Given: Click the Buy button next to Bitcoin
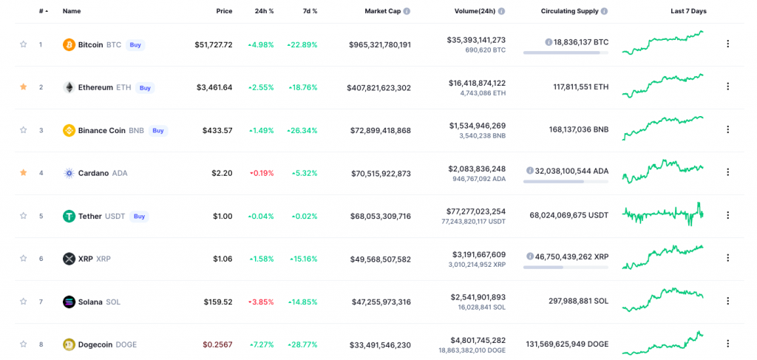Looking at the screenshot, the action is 136,45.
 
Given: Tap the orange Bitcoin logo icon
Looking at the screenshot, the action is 69,45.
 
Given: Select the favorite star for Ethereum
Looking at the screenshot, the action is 23,87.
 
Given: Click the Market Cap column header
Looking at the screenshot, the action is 384,11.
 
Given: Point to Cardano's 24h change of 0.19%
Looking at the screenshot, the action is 262,173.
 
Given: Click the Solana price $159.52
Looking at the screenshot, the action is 218,302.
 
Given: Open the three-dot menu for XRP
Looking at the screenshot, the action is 727,258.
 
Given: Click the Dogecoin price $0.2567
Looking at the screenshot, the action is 217,344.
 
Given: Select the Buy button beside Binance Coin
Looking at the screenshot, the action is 158,130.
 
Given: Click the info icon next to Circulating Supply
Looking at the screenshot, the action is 605,11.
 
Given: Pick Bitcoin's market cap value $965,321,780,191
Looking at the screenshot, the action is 380,45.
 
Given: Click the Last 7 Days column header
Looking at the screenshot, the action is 688,11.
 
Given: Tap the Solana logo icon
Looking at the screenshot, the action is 69,302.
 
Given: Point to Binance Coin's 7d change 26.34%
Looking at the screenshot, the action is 302,130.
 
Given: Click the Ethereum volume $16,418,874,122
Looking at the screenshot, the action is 477,83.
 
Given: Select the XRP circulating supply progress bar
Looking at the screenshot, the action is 566,267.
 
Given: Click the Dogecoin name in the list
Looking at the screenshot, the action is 95,344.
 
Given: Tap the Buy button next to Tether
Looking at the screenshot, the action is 139,216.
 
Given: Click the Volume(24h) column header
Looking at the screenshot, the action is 475,11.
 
